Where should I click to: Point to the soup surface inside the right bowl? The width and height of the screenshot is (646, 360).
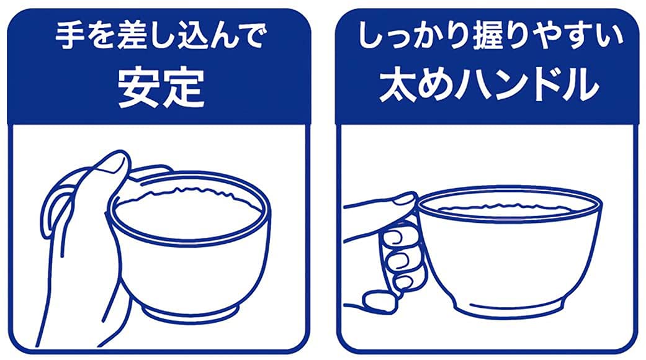(x=509, y=208)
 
